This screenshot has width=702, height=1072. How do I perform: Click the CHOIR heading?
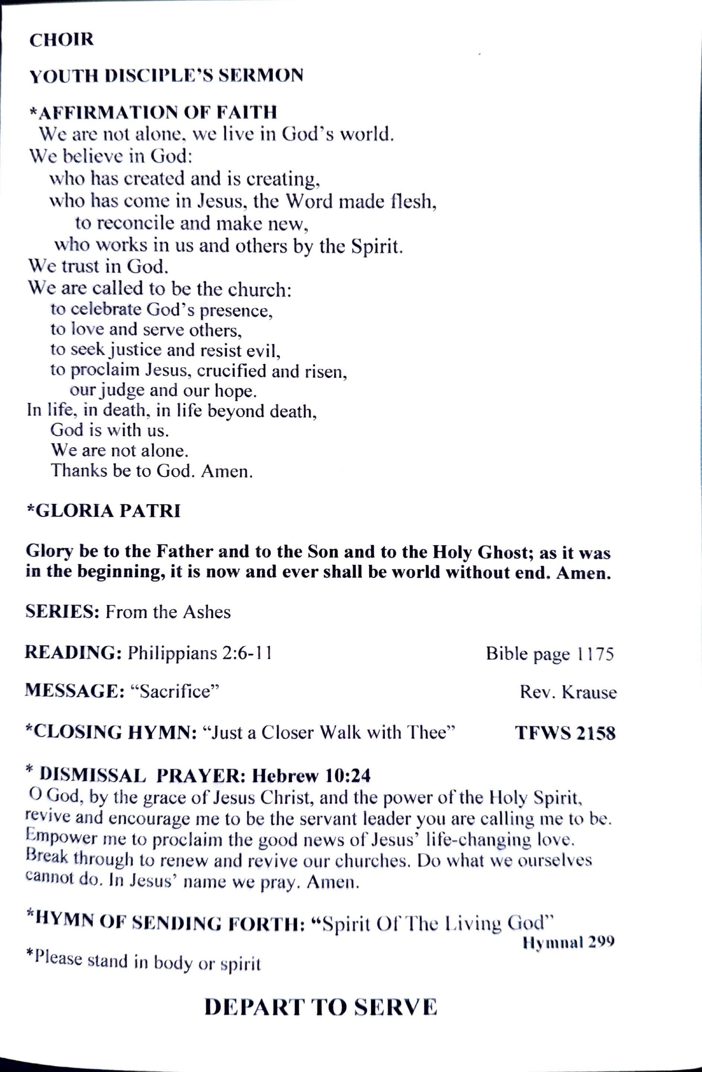62,40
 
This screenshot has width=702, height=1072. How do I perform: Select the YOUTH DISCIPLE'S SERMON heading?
166,76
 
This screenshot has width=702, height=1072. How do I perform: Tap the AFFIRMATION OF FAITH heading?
153,112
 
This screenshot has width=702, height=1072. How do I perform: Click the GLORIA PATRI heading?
104,511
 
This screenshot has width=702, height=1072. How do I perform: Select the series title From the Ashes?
168,612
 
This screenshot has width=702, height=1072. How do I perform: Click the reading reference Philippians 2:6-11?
200,653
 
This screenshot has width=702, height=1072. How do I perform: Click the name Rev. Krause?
568,692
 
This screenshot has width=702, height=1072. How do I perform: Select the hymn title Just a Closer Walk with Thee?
329,732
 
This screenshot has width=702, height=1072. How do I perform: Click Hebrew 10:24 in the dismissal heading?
311,776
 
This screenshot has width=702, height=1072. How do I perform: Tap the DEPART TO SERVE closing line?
320,1007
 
